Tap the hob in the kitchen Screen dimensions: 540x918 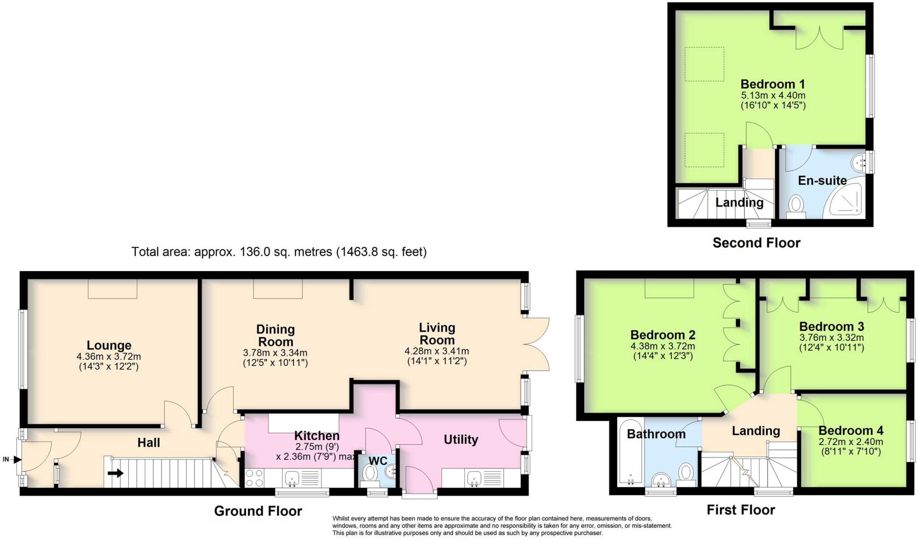pos(254,478)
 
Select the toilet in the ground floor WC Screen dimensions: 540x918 pos(370,473)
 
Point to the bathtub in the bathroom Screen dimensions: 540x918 pos(630,453)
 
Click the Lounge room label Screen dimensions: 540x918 pos(109,346)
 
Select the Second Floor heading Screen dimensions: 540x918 pos(756,243)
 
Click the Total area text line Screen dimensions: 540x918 pos(279,252)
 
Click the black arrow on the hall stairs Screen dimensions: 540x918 pos(116,473)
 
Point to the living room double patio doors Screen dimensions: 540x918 pos(537,344)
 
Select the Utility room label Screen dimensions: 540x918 pos(460,440)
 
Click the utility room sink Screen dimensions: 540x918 pos(474,479)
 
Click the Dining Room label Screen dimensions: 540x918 pos(275,335)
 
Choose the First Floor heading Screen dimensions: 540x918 pos(740,510)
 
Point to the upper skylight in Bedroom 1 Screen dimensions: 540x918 pos(704,64)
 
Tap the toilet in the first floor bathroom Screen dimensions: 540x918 pos(686,473)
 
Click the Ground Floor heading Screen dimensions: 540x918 pos(258,511)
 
